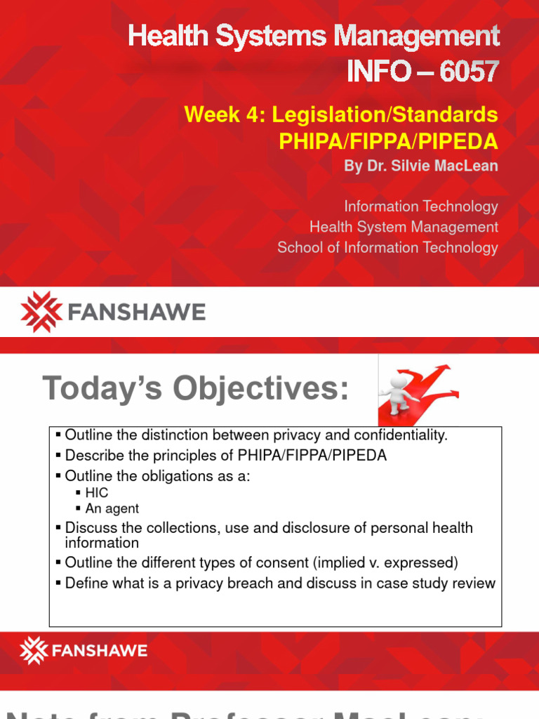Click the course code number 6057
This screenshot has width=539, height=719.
pyautogui.click(x=470, y=71)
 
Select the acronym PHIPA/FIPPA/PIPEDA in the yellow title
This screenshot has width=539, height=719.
pyautogui.click(x=388, y=141)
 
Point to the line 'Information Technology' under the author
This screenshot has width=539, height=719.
pyautogui.click(x=420, y=206)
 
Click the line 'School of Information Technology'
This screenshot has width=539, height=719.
pyautogui.click(x=387, y=247)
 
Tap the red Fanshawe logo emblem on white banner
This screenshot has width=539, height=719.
pyautogui.click(x=41, y=312)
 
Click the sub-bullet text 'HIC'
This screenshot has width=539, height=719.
pyautogui.click(x=97, y=493)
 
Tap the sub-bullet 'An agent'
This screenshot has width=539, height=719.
pyautogui.click(x=112, y=508)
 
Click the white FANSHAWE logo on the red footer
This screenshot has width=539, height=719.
pyautogui.click(x=84, y=650)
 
